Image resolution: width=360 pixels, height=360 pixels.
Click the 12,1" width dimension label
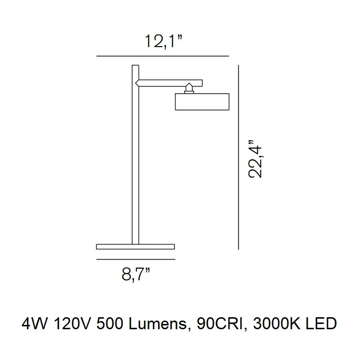coord(163,41)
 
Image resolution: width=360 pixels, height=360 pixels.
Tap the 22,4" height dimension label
coord(255,159)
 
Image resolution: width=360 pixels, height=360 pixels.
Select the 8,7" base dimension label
coord(136,274)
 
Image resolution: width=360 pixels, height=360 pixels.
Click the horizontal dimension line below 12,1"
coord(162,56)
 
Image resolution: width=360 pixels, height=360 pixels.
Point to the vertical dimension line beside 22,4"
coord(238,157)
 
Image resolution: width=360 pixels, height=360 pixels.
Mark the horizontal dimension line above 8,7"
coord(136,260)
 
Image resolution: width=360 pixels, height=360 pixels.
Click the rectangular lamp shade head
coord(202,102)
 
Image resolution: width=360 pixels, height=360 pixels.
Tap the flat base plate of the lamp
coord(136,247)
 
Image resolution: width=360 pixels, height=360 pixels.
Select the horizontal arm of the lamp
coord(169,83)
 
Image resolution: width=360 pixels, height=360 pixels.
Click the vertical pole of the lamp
coord(136,154)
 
